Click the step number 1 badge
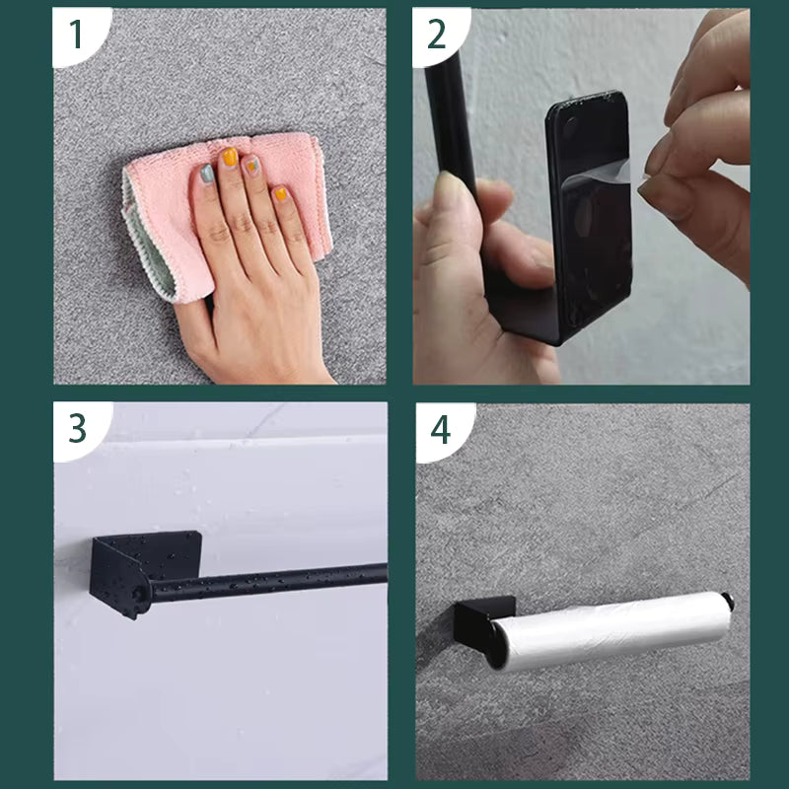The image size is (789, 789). [75, 34]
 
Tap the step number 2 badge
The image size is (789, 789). [435, 34]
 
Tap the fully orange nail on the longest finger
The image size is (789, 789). [229, 156]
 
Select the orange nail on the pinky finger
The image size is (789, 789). [280, 193]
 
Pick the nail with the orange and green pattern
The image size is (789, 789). [253, 168]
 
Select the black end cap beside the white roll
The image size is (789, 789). [728, 600]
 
